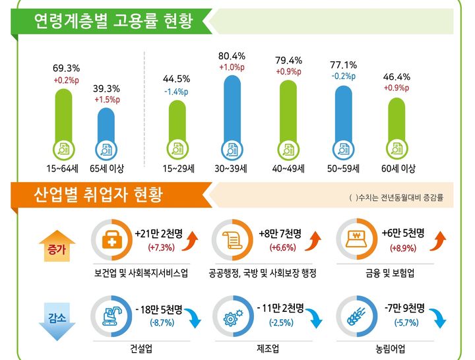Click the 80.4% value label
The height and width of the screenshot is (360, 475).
pyautogui.click(x=232, y=56)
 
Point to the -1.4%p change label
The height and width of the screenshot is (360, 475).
pyautogui.click(x=177, y=91)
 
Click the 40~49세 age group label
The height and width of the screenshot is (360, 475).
pyautogui.click(x=288, y=169)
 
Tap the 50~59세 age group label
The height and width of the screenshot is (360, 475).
pyautogui.click(x=343, y=169)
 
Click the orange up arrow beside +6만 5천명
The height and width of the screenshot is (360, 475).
pyautogui.click(x=436, y=241)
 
